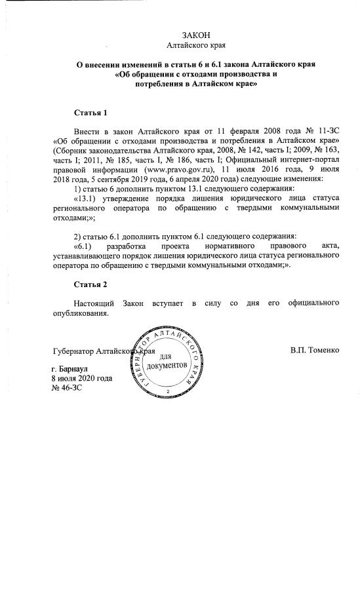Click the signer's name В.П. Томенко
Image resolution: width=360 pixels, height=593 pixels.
coord(315,351)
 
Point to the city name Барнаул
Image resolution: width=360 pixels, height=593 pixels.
coord(77,369)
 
